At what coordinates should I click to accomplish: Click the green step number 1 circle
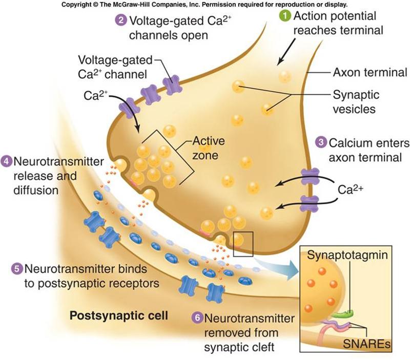285,16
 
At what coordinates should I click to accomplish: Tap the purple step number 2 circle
120,21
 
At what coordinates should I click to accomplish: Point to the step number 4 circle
7,161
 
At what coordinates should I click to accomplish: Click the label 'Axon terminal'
370,72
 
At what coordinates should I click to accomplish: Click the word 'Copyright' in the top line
79,5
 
